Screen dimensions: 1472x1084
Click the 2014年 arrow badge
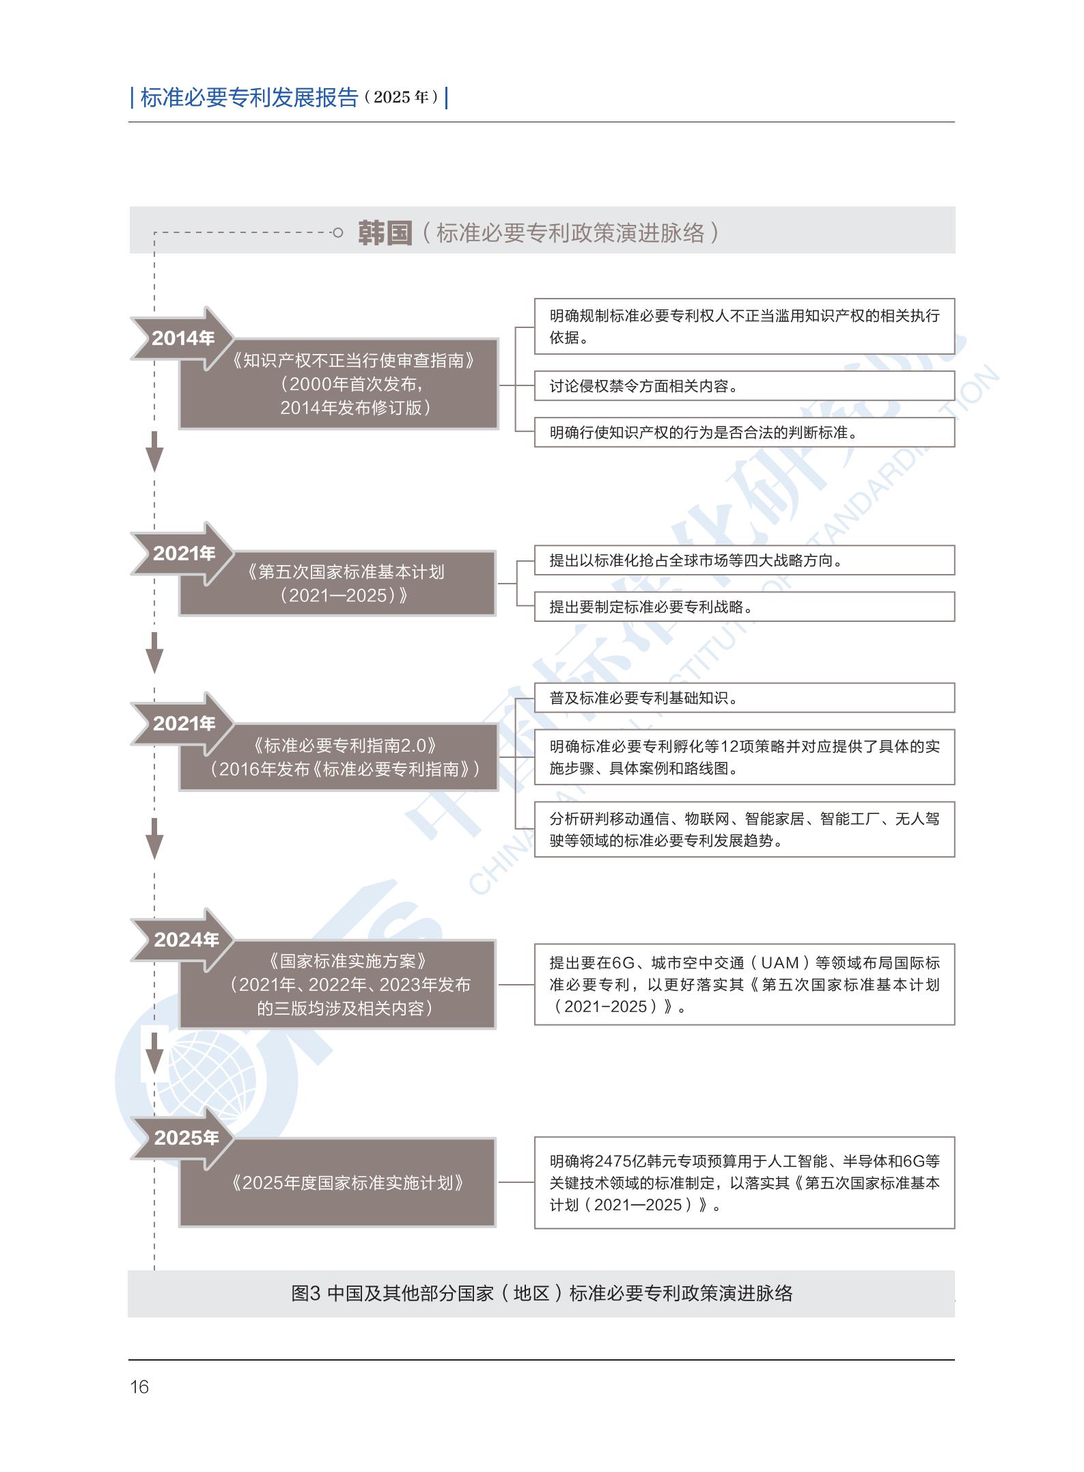pyautogui.click(x=183, y=338)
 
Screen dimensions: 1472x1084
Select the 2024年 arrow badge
pyautogui.click(x=185, y=940)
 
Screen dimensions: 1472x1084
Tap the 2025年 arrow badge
pyautogui.click(x=185, y=1138)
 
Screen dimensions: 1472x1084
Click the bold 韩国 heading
pyautogui.click(x=385, y=233)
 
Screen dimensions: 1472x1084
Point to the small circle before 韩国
pyautogui.click(x=337, y=233)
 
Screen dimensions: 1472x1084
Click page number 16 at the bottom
pyautogui.click(x=139, y=1387)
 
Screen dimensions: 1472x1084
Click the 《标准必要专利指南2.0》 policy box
pyautogui.click(x=345, y=757)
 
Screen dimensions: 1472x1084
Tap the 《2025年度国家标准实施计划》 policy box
pyautogui.click(x=345, y=1183)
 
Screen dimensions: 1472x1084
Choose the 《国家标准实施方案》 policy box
pyautogui.click(x=345, y=985)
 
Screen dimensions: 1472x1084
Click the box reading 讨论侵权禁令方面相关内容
pyautogui.click(x=744, y=386)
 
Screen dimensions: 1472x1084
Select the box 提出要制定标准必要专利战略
pyautogui.click(x=744, y=607)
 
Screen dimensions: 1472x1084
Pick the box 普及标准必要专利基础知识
pyautogui.click(x=744, y=698)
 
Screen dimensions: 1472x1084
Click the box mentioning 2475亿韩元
pyautogui.click(x=744, y=1183)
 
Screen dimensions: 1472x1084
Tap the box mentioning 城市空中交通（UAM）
pyautogui.click(x=744, y=985)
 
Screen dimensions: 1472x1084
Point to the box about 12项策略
pyautogui.click(x=744, y=757)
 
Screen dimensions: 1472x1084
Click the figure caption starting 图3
pyautogui.click(x=542, y=1294)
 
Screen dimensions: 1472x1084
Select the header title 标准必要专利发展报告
pyautogui.click(x=249, y=98)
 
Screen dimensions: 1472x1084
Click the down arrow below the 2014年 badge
pyautogui.click(x=155, y=451)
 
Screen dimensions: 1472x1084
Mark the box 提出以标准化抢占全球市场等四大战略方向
pyautogui.click(x=744, y=560)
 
